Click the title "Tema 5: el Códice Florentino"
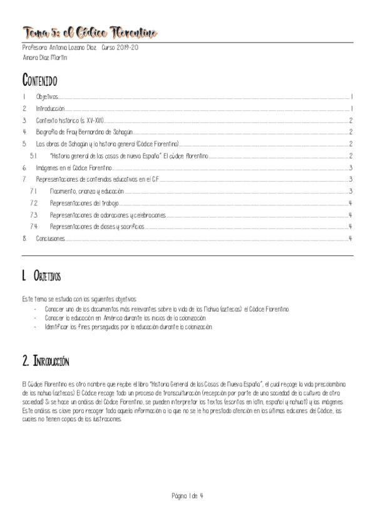pyautogui.click(x=90, y=32)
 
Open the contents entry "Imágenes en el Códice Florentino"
pyautogui.click(x=74, y=168)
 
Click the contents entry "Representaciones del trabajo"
pyautogui.click(x=84, y=203)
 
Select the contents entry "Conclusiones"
pyautogui.click(x=50, y=239)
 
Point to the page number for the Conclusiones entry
pyautogui.click(x=351, y=239)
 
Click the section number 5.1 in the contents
pyautogui.click(x=34, y=156)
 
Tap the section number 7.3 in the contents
pyautogui.click(x=34, y=215)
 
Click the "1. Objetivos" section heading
pyautogui.click(x=41, y=276)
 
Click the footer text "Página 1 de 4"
pyautogui.click(x=187, y=496)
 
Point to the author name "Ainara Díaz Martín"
pyautogui.click(x=44, y=58)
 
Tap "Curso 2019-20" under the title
pyautogui.click(x=122, y=48)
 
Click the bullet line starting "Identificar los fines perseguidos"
pyautogui.click(x=129, y=327)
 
